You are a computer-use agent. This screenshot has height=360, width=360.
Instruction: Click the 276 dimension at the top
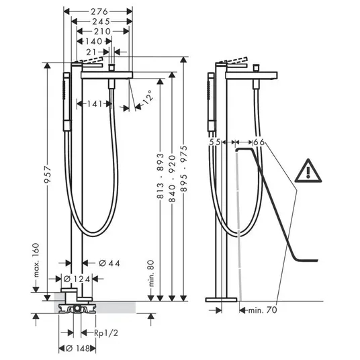(x=99, y=11)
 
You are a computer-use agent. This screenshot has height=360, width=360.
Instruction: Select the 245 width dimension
(x=101, y=21)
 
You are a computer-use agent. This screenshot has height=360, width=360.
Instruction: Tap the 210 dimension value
(x=102, y=31)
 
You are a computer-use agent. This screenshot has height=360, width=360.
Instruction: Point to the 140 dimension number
(x=93, y=42)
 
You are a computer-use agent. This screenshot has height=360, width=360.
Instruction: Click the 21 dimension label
(x=91, y=52)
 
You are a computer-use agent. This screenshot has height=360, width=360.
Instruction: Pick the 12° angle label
(x=147, y=98)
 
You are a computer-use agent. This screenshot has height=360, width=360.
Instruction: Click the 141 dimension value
(x=95, y=104)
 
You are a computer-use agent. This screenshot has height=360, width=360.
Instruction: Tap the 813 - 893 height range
(x=160, y=176)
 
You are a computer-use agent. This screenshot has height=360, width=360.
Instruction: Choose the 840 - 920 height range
(x=172, y=179)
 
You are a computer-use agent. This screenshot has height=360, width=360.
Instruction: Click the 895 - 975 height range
(x=183, y=169)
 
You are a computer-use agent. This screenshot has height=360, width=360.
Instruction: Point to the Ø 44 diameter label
(x=109, y=263)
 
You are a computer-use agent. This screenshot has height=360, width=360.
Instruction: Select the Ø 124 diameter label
(x=77, y=279)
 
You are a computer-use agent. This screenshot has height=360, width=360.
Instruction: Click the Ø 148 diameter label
(x=78, y=349)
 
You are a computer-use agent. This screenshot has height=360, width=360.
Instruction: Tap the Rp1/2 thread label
(x=106, y=333)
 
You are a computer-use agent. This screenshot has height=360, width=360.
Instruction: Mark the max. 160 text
(x=36, y=260)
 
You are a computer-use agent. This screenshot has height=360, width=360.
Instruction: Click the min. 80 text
(x=151, y=273)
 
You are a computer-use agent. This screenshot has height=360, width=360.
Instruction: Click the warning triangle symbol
(x=308, y=171)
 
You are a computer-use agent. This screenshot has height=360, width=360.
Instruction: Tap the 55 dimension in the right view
(x=215, y=142)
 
